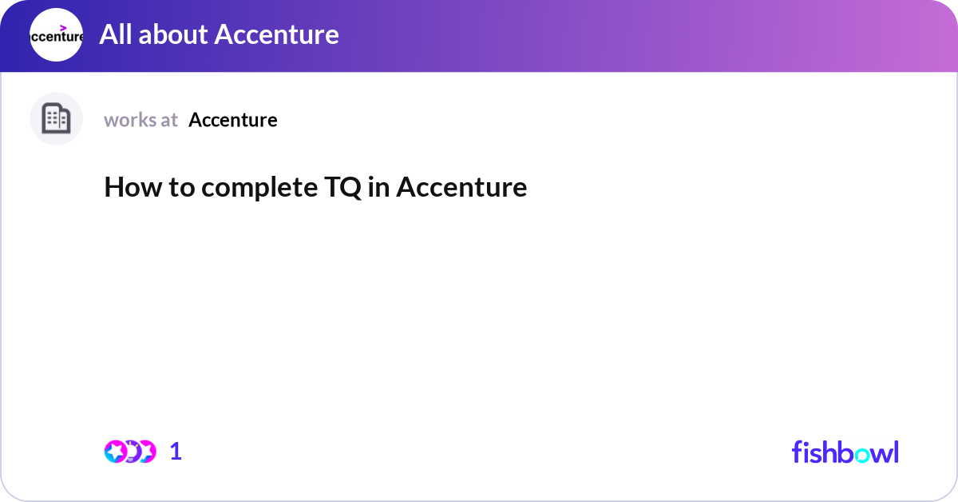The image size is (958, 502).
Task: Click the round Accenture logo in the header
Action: point(56,35)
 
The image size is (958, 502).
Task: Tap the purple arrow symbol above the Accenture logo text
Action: point(63,28)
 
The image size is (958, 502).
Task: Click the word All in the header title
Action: point(115,34)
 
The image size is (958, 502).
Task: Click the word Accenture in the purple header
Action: point(277,34)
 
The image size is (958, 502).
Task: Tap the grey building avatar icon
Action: point(56,119)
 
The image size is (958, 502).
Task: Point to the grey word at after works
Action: point(168,120)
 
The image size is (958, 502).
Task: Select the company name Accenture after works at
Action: point(233,120)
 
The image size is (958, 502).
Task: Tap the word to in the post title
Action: point(179,187)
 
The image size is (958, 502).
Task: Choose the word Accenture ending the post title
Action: point(461,187)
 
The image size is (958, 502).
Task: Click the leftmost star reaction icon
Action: point(117,452)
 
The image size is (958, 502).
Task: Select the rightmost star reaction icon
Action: point(146,452)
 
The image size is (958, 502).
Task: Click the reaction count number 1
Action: point(176,452)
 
